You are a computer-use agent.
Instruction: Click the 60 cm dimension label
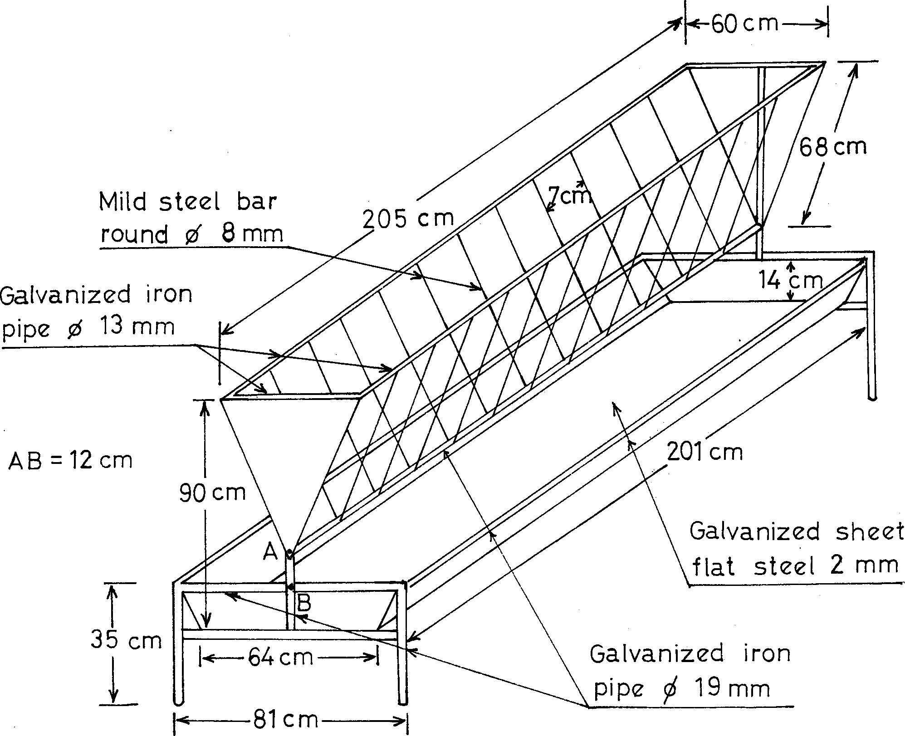coord(744,24)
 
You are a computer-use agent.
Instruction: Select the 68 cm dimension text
coord(832,147)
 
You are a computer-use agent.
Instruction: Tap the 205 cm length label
coord(408,219)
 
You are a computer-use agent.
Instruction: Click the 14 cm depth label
coord(791,281)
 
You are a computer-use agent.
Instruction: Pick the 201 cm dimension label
coord(704,452)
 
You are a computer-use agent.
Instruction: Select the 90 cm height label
coord(212,492)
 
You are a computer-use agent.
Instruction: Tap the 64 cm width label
coord(280,657)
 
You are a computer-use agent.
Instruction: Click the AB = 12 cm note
coord(70,461)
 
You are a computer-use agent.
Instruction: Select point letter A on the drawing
coord(271,552)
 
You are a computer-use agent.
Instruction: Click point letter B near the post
coord(304,604)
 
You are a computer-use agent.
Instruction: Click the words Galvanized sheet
coord(796,531)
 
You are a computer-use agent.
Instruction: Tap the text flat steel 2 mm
coord(794,565)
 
